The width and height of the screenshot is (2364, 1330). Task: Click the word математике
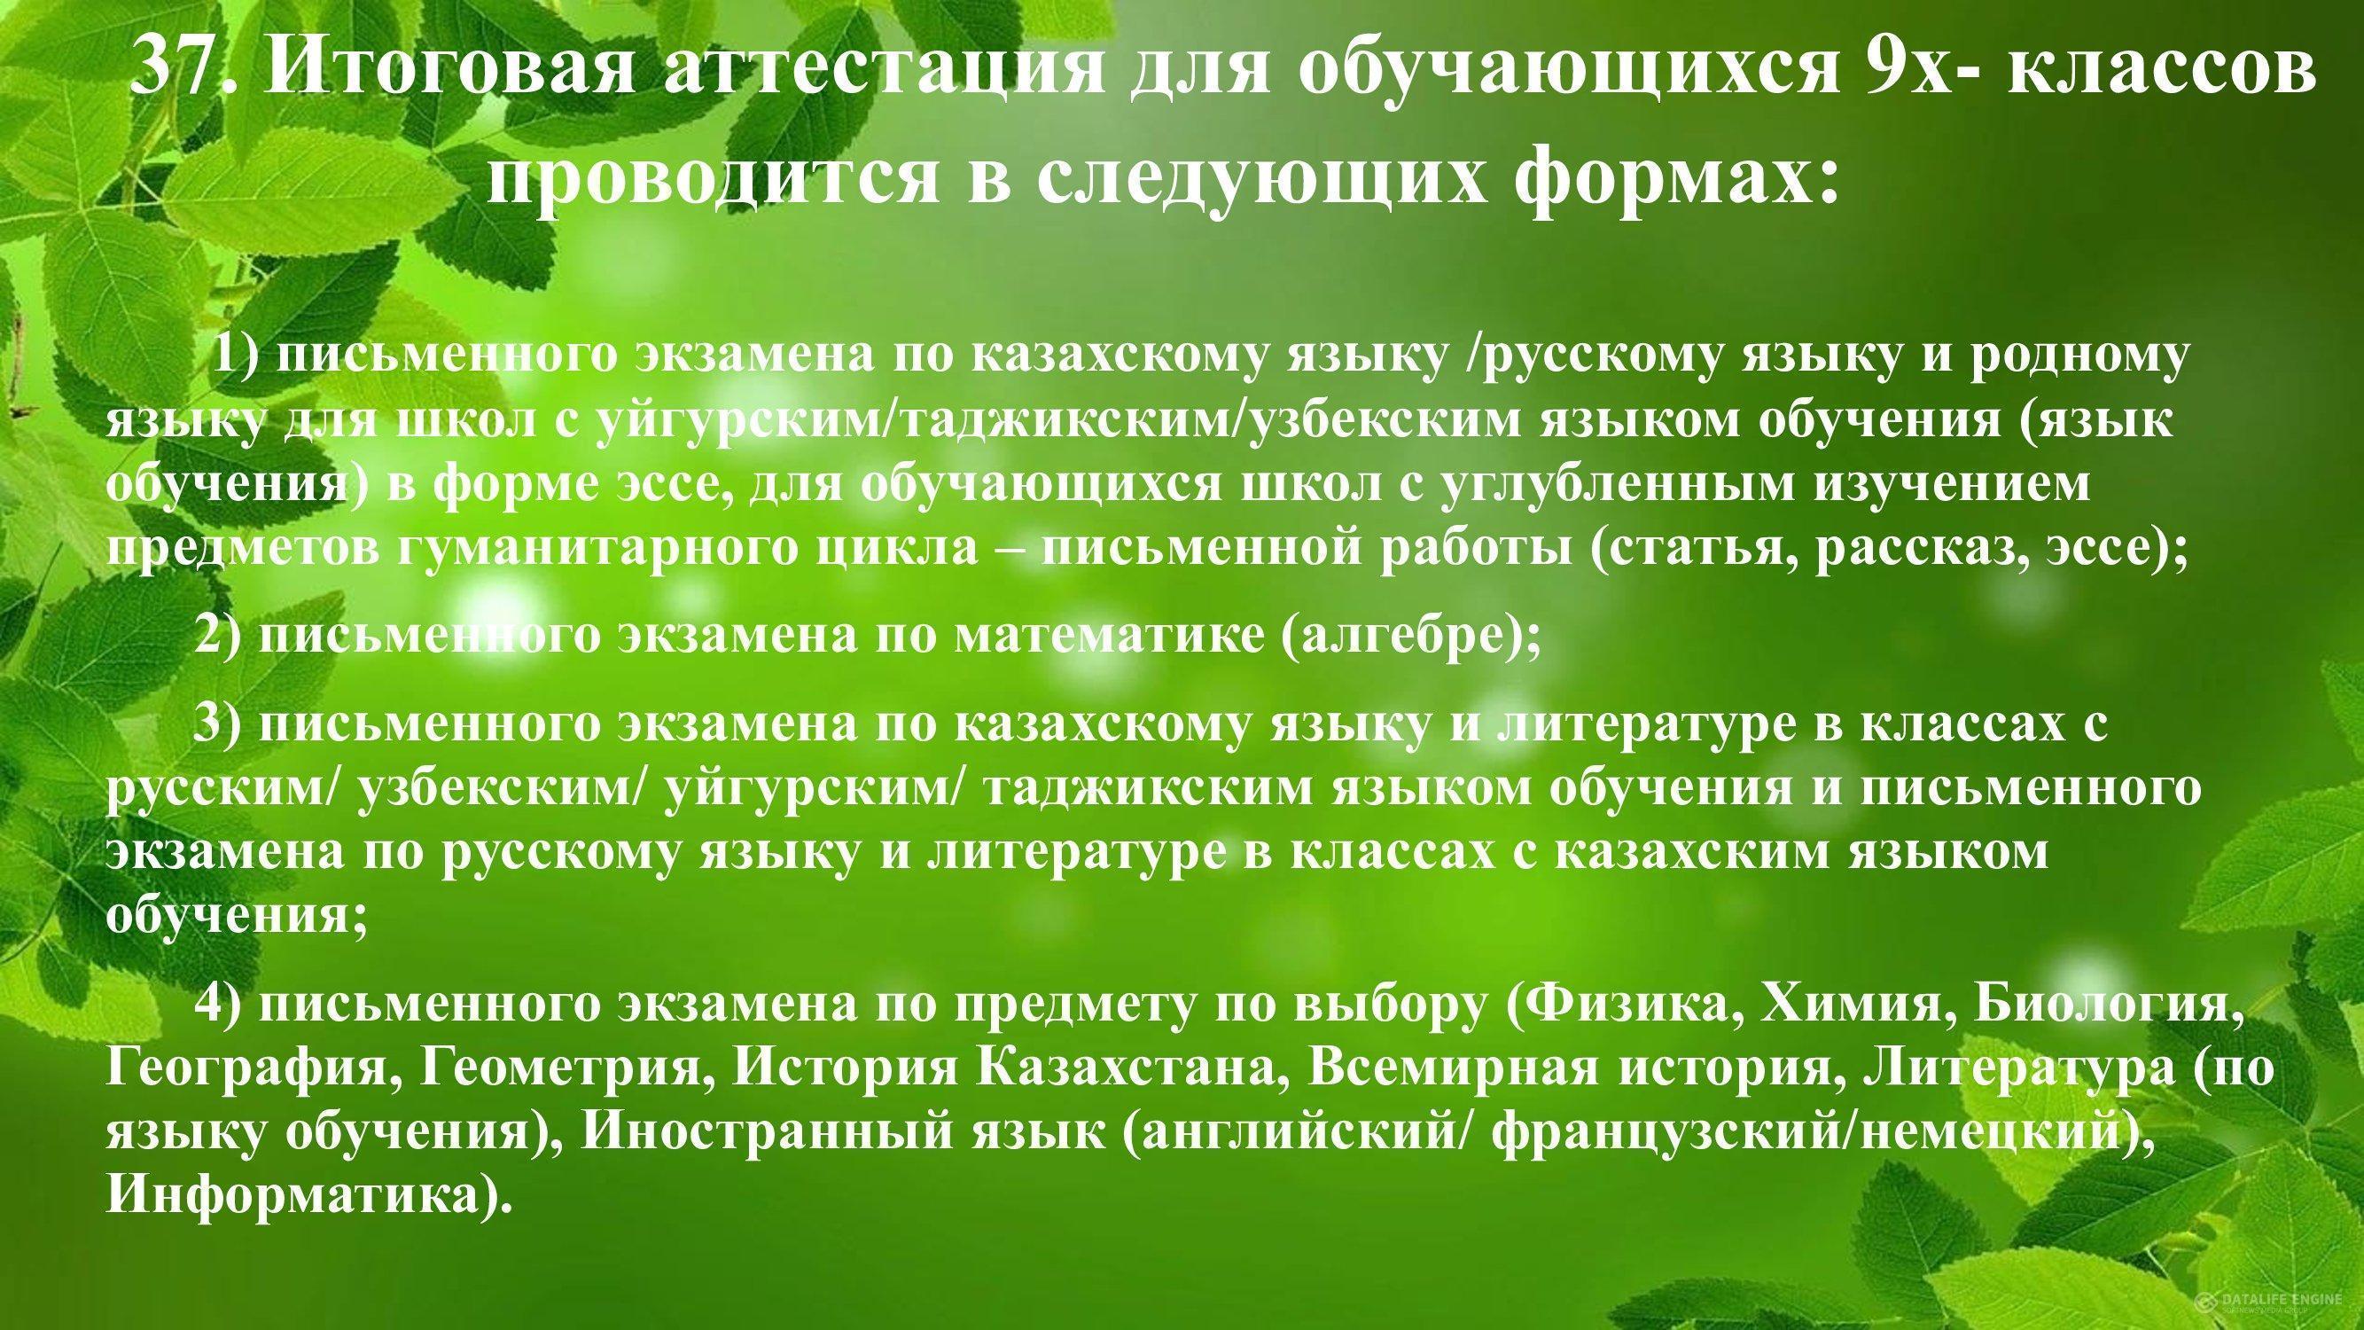tap(1108, 636)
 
